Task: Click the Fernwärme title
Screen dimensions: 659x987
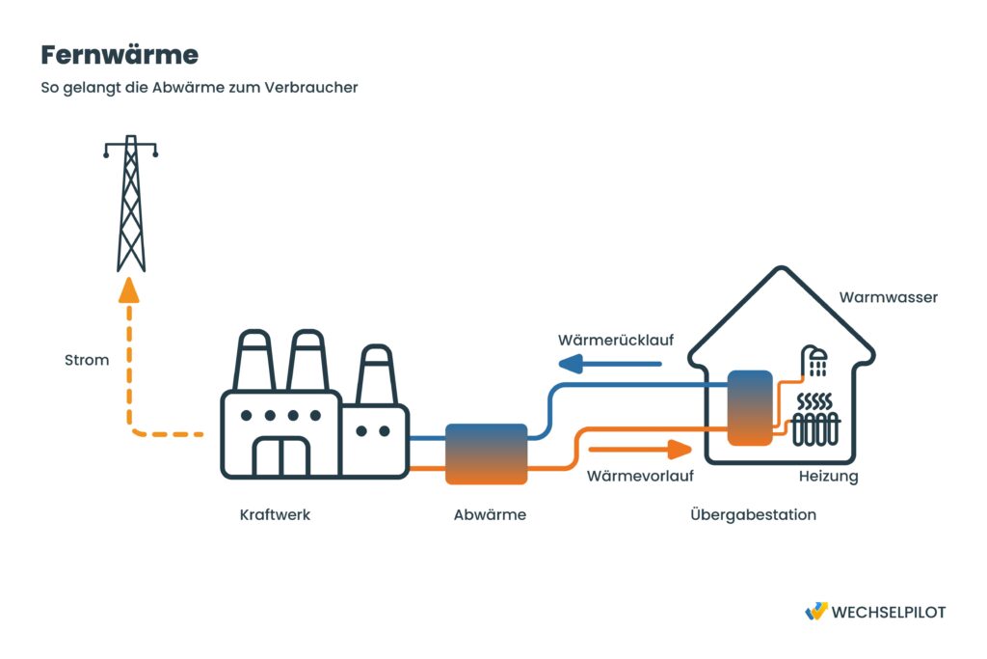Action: click(x=120, y=55)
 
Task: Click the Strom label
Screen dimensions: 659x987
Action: click(x=87, y=360)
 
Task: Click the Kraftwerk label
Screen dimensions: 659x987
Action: click(x=275, y=514)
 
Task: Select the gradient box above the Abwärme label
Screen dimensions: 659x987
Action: click(x=486, y=453)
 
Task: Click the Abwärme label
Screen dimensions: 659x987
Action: click(x=490, y=514)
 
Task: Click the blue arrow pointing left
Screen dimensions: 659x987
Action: click(x=610, y=364)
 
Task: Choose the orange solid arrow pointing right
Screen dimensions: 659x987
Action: click(x=640, y=449)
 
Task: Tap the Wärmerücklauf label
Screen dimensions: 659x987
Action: click(x=615, y=341)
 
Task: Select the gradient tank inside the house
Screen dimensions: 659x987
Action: click(x=750, y=408)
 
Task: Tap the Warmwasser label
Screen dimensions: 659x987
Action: click(x=888, y=297)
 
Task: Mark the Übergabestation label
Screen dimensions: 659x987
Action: click(x=753, y=514)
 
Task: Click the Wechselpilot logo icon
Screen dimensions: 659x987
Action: click(x=815, y=612)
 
